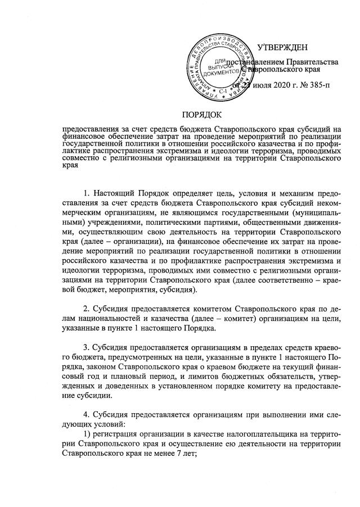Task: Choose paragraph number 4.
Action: (85, 410)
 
